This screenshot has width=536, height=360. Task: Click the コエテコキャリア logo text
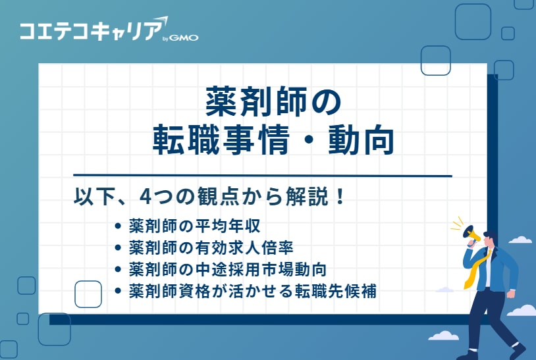(x=90, y=31)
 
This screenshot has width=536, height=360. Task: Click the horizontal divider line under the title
(x=262, y=176)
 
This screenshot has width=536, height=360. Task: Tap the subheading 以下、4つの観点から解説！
(x=209, y=197)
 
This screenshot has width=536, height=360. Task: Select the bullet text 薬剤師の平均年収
(x=195, y=227)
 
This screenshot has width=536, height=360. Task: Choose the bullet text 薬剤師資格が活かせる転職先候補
(x=253, y=291)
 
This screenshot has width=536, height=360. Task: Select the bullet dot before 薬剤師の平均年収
(x=118, y=227)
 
